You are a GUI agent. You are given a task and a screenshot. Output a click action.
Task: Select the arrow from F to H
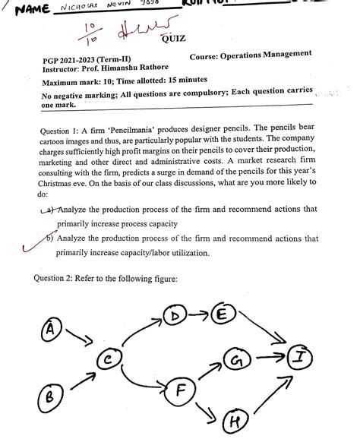tap(206, 410)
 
